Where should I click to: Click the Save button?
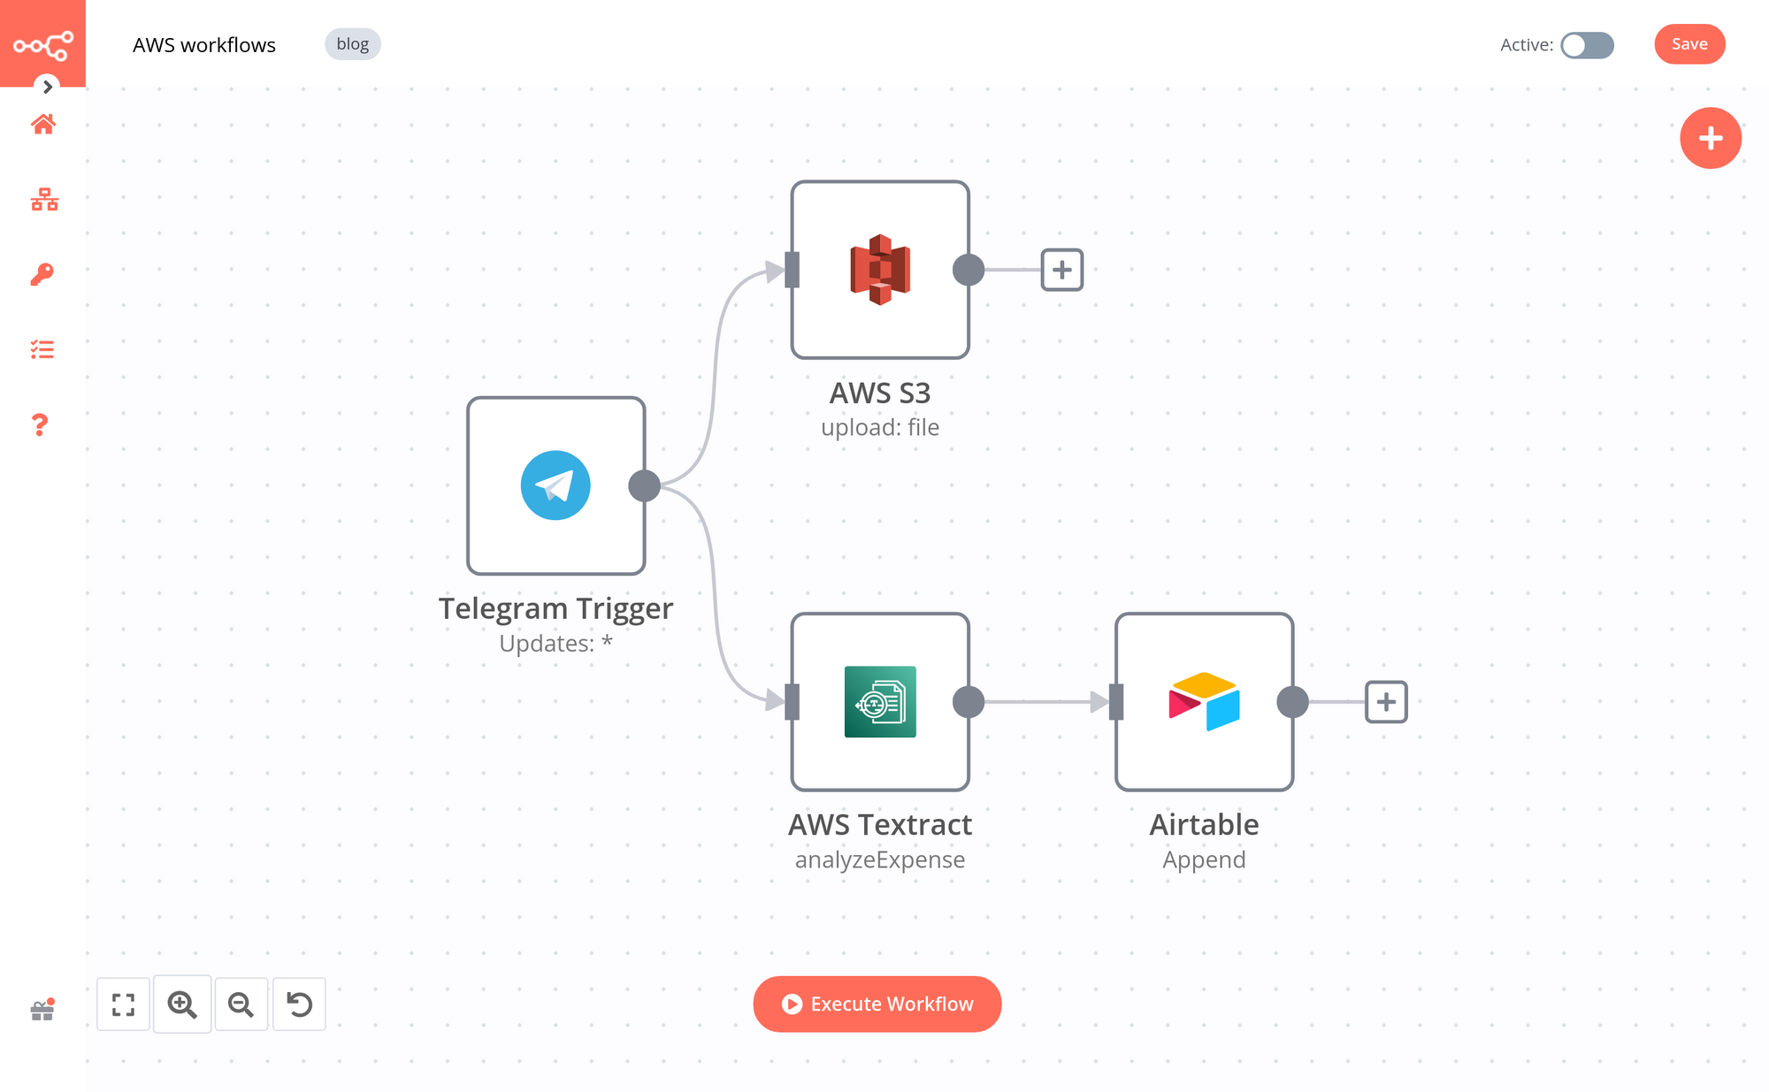1689,44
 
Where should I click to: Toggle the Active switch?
1587,45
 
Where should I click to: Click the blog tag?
352,44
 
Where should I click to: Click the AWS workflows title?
204,45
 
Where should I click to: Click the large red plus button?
1710,138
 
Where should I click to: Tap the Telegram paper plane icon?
555,485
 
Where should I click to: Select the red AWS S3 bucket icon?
879,270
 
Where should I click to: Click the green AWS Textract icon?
879,701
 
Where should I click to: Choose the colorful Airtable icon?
1204,701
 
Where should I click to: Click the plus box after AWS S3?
1061,270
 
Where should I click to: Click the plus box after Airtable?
1385,702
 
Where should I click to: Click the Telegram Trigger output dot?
644,485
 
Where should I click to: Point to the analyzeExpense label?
879,859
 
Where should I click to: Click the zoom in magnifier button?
182,1004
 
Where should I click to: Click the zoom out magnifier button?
241,1004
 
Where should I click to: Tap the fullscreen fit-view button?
123,1004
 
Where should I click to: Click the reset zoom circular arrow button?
299,1004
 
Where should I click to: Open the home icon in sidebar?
42,125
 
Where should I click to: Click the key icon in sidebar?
42,274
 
